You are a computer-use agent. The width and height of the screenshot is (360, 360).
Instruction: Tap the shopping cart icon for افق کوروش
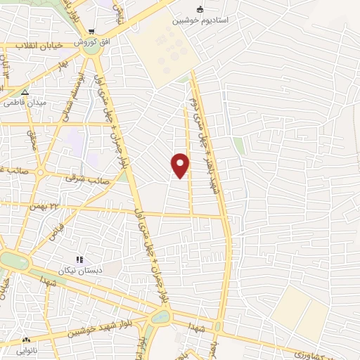[x=91, y=32]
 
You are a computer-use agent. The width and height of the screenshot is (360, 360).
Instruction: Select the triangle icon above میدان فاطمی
[x=25, y=92]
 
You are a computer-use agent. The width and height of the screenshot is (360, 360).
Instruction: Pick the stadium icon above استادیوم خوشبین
[x=200, y=10]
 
